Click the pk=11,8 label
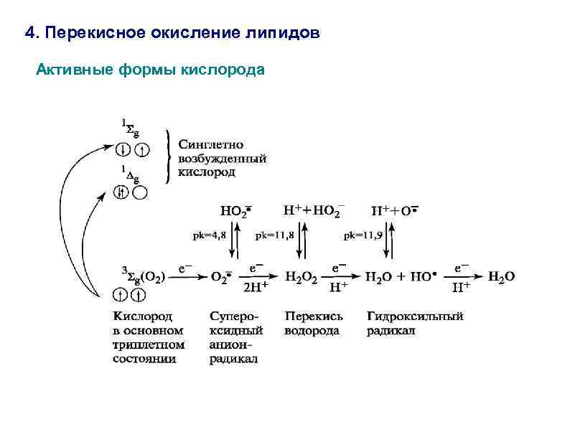click(x=272, y=235)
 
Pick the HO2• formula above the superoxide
click(x=236, y=212)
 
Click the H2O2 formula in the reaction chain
click(x=302, y=276)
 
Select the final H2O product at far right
click(x=501, y=276)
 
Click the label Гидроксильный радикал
click(x=414, y=323)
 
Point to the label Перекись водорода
click(x=313, y=323)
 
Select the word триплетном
click(x=148, y=344)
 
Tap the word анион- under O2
click(x=228, y=344)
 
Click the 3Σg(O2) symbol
click(x=143, y=273)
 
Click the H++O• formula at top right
click(x=394, y=211)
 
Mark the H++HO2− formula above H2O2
click(x=313, y=210)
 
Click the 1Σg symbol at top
click(x=130, y=130)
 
